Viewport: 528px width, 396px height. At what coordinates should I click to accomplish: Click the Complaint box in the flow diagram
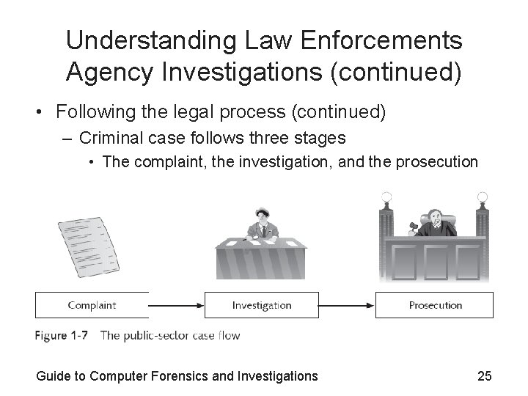[92, 305]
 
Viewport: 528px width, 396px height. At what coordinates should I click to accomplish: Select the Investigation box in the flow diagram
[262, 305]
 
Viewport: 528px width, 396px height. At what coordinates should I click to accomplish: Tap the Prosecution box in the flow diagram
[435, 305]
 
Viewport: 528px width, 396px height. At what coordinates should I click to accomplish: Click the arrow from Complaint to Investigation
[176, 305]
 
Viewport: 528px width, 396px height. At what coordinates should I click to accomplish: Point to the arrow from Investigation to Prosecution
[348, 305]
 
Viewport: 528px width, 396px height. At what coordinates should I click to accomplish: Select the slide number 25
[484, 377]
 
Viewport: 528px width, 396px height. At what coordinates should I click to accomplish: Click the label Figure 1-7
[62, 336]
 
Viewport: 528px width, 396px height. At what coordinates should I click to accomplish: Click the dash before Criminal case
[69, 138]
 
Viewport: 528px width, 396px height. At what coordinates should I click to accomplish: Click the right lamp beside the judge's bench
[482, 197]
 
